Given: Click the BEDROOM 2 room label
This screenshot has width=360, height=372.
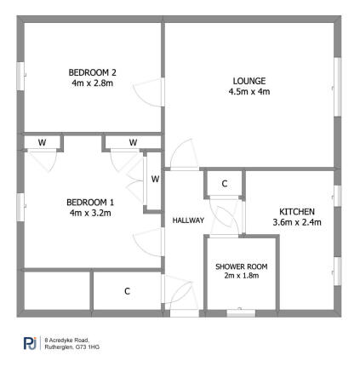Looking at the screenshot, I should click(91, 72).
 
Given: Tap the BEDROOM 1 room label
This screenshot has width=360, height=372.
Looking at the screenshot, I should click(90, 202).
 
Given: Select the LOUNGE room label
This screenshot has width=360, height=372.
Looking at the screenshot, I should click(249, 81).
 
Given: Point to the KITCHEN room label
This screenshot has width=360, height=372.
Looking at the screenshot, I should click(298, 211).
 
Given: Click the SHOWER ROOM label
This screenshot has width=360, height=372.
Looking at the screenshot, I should click(241, 266).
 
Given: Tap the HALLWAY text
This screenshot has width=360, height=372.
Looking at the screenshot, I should click(188, 220).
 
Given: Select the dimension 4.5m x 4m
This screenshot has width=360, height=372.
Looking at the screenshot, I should click(249, 92).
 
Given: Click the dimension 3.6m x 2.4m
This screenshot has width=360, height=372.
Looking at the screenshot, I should click(298, 222).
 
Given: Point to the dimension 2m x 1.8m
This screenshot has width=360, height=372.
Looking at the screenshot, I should click(241, 277).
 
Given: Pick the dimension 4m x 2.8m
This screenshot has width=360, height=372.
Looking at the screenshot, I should click(91, 83).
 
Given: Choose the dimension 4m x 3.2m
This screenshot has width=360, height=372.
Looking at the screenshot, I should click(90, 213).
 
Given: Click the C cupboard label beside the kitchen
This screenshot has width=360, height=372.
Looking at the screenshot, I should click(225, 184).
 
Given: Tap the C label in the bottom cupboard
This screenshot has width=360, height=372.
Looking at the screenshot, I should click(127, 292).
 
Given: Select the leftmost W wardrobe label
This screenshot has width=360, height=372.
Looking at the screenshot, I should click(42, 142).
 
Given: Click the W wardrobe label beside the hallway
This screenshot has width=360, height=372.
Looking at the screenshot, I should click(155, 179).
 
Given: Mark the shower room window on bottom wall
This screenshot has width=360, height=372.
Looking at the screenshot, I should click(241, 313).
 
